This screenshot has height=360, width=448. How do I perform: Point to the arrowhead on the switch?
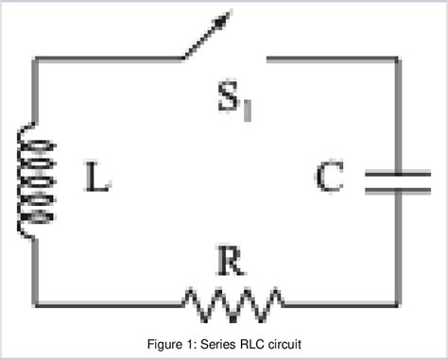pos(227,16)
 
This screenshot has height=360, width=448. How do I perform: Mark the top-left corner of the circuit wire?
pos(35,59)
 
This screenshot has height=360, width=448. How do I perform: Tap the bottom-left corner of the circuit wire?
pos(35,303)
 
